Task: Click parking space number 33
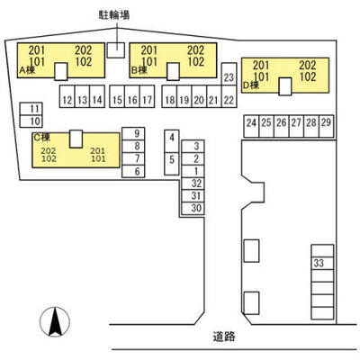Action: click(322, 263)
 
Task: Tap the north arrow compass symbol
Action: click(55, 322)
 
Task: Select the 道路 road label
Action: click(224, 337)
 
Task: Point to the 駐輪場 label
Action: click(114, 15)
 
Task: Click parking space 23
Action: click(229, 74)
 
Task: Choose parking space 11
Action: click(31, 109)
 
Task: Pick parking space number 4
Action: click(172, 141)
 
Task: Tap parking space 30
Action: click(193, 208)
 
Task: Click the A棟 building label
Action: click(27, 70)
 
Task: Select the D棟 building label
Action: click(251, 85)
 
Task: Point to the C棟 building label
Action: click(41, 138)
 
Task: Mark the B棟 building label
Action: click(139, 70)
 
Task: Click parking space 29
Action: click(327, 126)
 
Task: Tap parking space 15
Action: click(117, 96)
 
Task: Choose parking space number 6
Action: click(133, 171)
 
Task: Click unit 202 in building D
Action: click(308, 65)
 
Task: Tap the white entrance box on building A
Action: click(61, 71)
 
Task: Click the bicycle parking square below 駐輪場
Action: click(116, 50)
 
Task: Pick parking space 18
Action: click(169, 96)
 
